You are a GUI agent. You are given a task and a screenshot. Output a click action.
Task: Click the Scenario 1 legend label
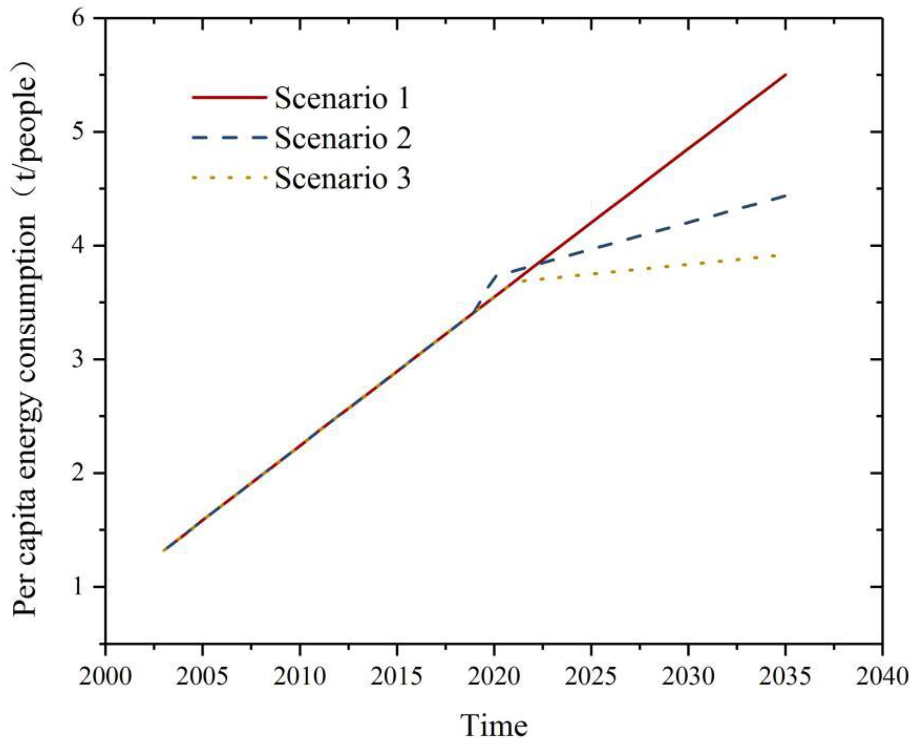342,98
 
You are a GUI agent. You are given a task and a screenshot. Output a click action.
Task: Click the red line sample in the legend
229,98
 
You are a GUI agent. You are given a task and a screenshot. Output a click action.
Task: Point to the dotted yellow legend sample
229,177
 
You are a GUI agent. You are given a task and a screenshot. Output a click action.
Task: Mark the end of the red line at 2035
785,75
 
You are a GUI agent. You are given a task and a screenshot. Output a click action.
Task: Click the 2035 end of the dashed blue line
785,195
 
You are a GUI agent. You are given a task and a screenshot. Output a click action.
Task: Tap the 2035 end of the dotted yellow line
776,256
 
